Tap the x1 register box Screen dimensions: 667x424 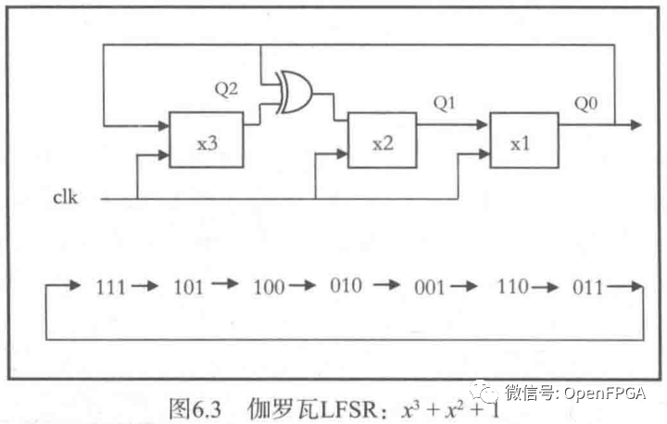(524, 142)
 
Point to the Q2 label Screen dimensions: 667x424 (227, 90)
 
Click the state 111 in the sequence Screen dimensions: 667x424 (111, 287)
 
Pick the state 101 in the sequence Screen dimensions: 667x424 (189, 287)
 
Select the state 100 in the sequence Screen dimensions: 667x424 (268, 287)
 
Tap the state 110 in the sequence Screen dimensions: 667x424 (512, 287)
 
